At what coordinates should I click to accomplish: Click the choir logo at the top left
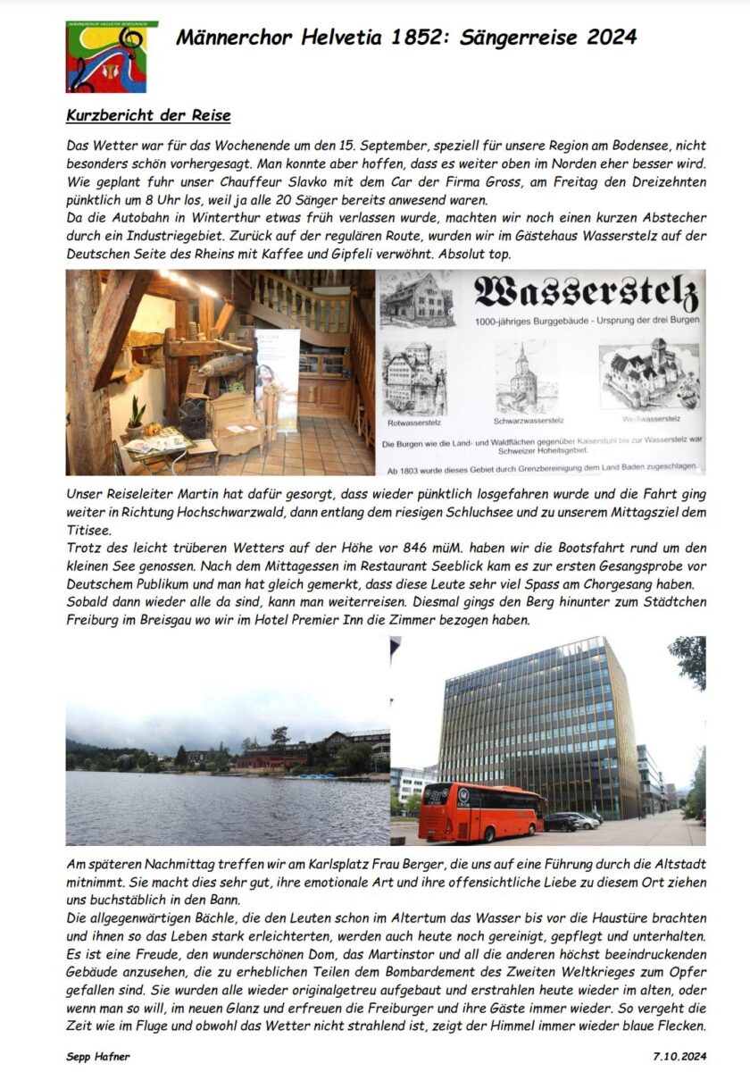pos(112,56)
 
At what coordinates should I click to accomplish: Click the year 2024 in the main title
pos(612,37)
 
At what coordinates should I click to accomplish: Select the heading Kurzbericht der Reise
pos(149,116)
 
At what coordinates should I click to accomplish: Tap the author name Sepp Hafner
pos(98,1057)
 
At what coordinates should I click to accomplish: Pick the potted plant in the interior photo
pos(136,418)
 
